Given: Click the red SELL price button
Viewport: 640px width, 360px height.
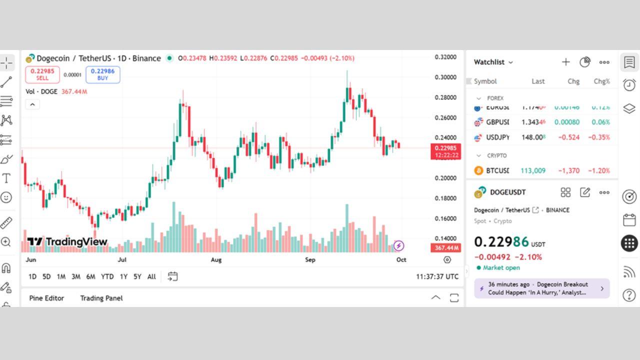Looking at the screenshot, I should [x=42, y=74].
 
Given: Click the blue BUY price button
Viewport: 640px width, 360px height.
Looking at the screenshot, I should [x=102, y=74].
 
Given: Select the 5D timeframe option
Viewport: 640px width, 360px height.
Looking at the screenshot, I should [x=46, y=276].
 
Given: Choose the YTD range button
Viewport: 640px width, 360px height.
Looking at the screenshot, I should [x=107, y=276].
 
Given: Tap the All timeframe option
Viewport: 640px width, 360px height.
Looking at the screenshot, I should [x=151, y=276].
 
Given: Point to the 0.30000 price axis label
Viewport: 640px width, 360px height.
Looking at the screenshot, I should [x=445, y=77].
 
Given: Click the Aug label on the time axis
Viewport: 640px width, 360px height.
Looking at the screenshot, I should [x=216, y=260].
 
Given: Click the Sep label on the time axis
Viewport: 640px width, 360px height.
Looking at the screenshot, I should [x=310, y=260].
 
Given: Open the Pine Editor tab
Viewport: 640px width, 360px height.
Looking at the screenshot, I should [x=46, y=298].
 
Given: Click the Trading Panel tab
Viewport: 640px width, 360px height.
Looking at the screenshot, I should [x=101, y=298].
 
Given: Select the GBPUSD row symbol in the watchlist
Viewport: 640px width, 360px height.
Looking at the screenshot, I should [x=497, y=122].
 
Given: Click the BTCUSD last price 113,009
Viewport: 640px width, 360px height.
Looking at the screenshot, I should [x=533, y=170].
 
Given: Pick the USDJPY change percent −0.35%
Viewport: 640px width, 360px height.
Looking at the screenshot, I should [x=599, y=137].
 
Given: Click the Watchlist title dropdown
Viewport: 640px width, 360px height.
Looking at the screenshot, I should [x=493, y=62].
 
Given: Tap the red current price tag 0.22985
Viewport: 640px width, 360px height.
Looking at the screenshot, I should [x=445, y=151].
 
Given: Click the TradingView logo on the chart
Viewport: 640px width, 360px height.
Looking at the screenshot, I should [x=67, y=242].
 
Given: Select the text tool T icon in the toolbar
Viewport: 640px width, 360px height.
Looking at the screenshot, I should [x=6, y=178].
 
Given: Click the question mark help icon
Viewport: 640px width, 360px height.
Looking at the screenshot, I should [x=629, y=295].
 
